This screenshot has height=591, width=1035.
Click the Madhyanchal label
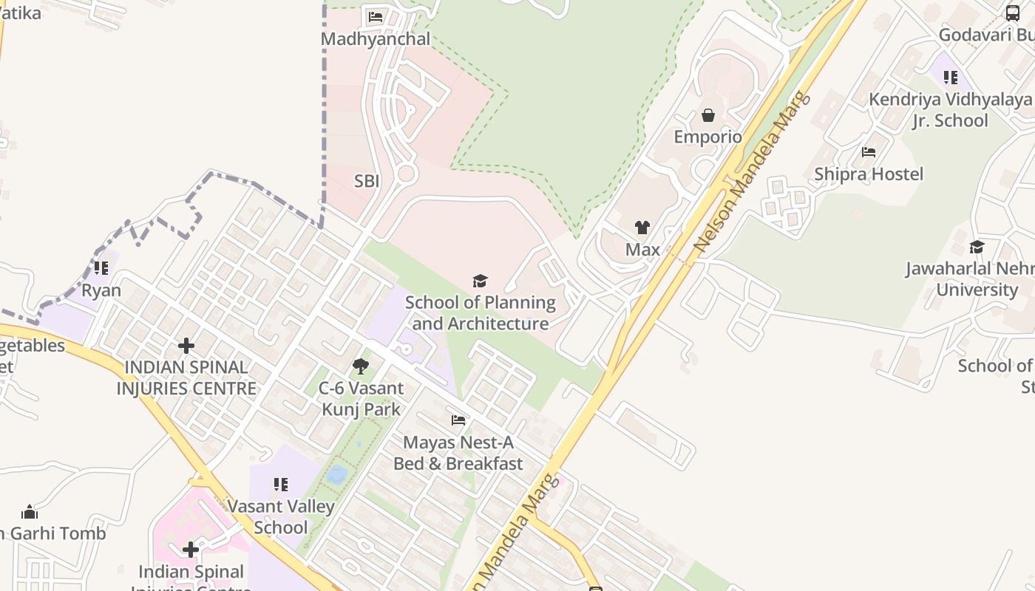click(376, 39)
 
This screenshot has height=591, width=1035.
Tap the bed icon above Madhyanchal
click(376, 16)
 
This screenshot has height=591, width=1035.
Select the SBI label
click(367, 181)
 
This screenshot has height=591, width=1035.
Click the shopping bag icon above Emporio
click(707, 115)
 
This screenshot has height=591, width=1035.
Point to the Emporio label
click(707, 137)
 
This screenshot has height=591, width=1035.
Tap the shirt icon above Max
click(642, 228)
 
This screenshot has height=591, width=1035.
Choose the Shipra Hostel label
click(869, 174)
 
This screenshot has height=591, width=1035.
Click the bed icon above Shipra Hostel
click(869, 152)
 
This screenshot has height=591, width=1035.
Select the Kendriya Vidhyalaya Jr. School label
click(950, 110)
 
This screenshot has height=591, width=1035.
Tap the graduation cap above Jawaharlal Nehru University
click(977, 247)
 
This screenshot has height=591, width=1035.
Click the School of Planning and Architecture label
click(481, 313)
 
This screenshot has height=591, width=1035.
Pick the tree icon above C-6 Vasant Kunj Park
click(361, 366)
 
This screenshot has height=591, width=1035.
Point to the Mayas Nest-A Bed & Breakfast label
click(458, 453)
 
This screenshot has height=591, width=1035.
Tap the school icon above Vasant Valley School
click(280, 485)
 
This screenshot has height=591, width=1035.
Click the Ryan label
click(101, 290)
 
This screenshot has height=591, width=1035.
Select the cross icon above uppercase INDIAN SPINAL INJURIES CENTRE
click(186, 345)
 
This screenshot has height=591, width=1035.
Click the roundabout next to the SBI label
click(405, 174)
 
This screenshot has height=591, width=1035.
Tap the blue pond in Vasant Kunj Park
click(337, 474)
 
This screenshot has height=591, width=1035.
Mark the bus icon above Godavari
click(1012, 13)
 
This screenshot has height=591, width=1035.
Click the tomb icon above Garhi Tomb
click(30, 511)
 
